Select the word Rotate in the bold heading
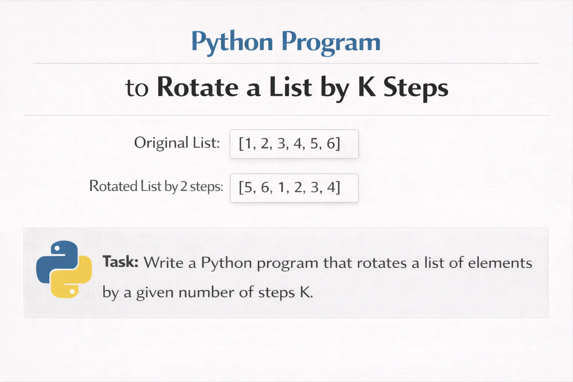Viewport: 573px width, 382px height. [197, 87]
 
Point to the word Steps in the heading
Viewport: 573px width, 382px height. [416, 88]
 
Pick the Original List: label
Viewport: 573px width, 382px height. [177, 143]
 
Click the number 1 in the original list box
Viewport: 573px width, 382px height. [248, 143]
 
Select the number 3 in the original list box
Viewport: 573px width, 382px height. [281, 143]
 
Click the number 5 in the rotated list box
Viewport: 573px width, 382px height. [248, 187]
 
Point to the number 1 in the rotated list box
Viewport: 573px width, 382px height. [281, 187]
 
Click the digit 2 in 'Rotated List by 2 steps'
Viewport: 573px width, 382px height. [184, 186]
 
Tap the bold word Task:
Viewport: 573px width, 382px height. [120, 262]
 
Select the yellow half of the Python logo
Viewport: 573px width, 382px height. [72, 277]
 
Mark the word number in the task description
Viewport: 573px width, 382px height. [207, 292]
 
